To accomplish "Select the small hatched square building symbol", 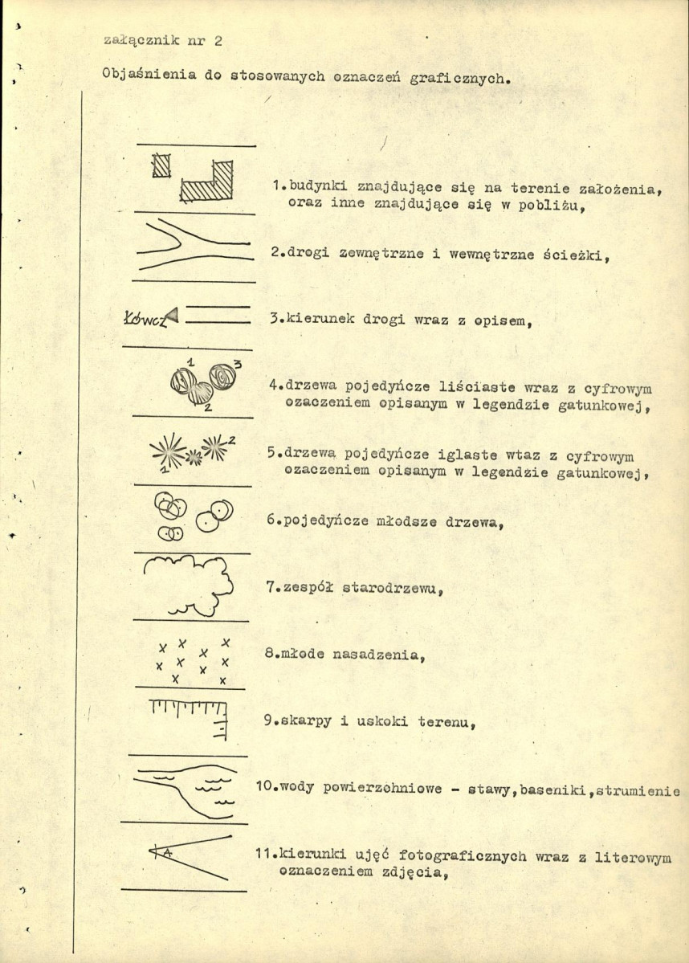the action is (162, 165).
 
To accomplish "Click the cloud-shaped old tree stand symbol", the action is (186, 581).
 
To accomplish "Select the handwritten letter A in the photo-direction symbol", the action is (167, 852).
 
